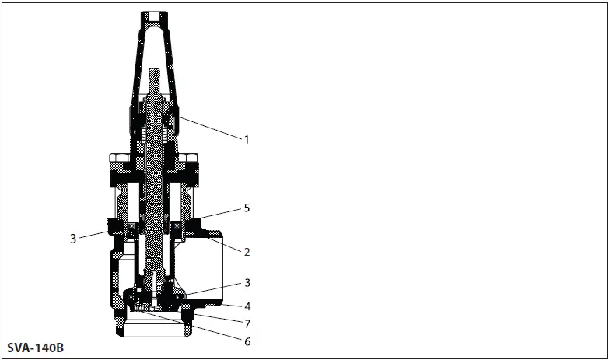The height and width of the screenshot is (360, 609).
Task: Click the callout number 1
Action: (247, 139)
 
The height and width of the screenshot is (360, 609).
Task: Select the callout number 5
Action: (247, 208)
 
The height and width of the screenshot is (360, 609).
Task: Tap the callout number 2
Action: (247, 252)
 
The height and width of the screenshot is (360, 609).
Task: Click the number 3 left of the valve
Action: (73, 239)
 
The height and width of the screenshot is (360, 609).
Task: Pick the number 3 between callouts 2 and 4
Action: (247, 283)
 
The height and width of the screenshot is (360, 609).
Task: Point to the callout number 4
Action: (247, 306)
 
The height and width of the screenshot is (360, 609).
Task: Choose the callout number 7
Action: (247, 323)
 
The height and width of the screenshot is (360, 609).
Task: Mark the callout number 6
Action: (247, 342)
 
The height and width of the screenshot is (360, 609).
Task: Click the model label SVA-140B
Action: (35, 348)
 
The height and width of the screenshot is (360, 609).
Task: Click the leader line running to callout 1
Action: (210, 127)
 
